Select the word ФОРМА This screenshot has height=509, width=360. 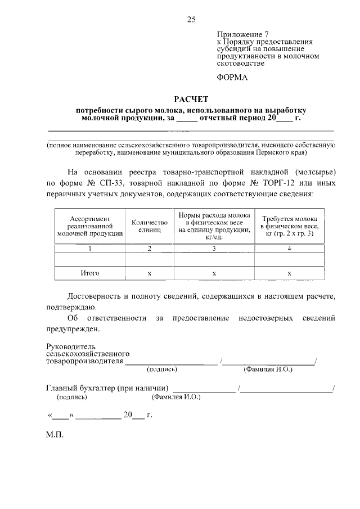[232, 77]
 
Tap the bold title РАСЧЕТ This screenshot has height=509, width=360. [190, 98]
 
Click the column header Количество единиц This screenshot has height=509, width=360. [150, 226]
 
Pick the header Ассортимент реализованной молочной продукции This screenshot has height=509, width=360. [91, 226]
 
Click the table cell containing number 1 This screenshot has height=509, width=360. [91, 248]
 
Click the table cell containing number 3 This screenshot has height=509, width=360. [214, 248]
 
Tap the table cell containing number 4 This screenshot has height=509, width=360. [289, 248]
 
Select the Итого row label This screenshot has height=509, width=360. [90, 273]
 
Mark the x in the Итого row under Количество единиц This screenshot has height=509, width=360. [150, 273]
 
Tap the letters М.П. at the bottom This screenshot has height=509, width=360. [55, 435]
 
